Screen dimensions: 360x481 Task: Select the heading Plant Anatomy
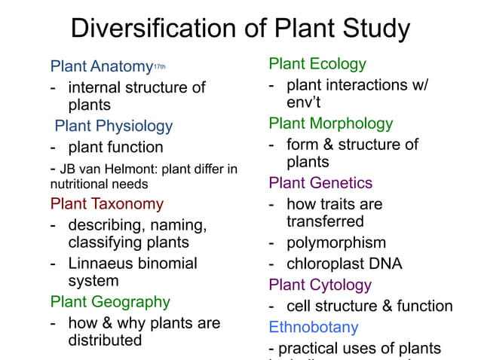coord(101,66)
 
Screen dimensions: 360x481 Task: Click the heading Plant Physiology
coord(113,126)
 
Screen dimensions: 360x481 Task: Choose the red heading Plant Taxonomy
coord(106,203)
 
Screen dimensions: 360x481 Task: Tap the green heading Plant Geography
coord(110,302)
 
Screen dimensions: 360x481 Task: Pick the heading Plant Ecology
coord(317,64)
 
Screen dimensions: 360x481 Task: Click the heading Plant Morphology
coord(330,124)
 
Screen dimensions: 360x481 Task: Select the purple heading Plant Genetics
coord(320,183)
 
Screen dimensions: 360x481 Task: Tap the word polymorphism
coord(336,243)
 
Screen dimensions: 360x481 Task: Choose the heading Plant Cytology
coord(320,285)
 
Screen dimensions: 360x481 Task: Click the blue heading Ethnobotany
coord(314,328)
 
